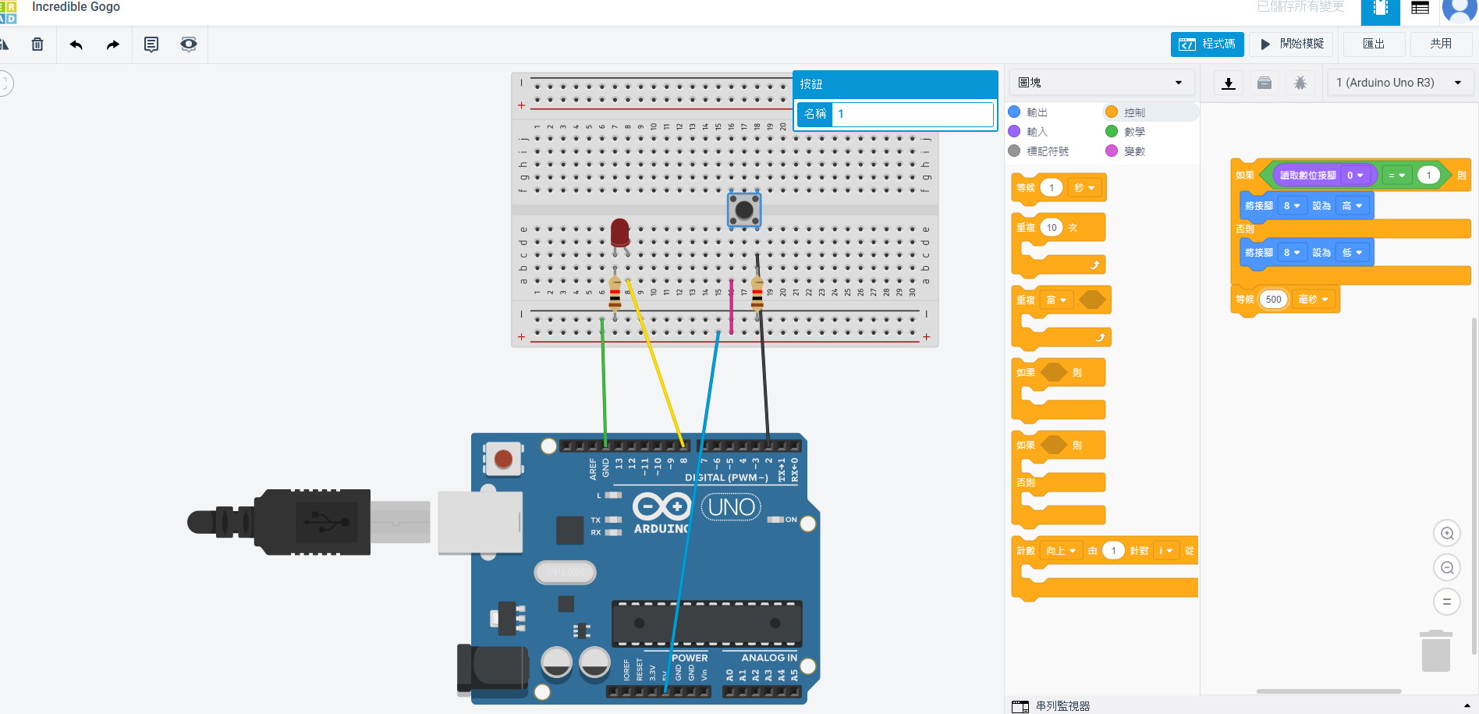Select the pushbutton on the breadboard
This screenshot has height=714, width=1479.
[x=744, y=209]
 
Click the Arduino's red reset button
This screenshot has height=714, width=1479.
[x=503, y=459]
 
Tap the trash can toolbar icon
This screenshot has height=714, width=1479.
[x=37, y=44]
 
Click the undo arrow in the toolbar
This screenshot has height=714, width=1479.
[x=76, y=44]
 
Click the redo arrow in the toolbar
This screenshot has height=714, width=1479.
[x=113, y=44]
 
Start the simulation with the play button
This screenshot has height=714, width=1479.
[x=1292, y=44]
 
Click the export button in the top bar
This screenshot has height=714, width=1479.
[x=1374, y=44]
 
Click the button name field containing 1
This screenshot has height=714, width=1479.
[x=912, y=114]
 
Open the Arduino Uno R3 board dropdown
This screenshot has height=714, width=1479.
[x=1399, y=83]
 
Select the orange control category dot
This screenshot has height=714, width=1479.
[x=1112, y=112]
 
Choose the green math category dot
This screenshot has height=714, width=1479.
[x=1112, y=131]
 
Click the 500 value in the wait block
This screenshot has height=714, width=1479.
[x=1273, y=300]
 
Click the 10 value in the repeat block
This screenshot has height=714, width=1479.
[x=1052, y=228]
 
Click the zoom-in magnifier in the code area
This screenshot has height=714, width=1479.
[x=1447, y=534]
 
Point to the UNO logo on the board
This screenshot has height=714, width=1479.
[x=731, y=507]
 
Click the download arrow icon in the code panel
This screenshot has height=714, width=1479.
[x=1229, y=83]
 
